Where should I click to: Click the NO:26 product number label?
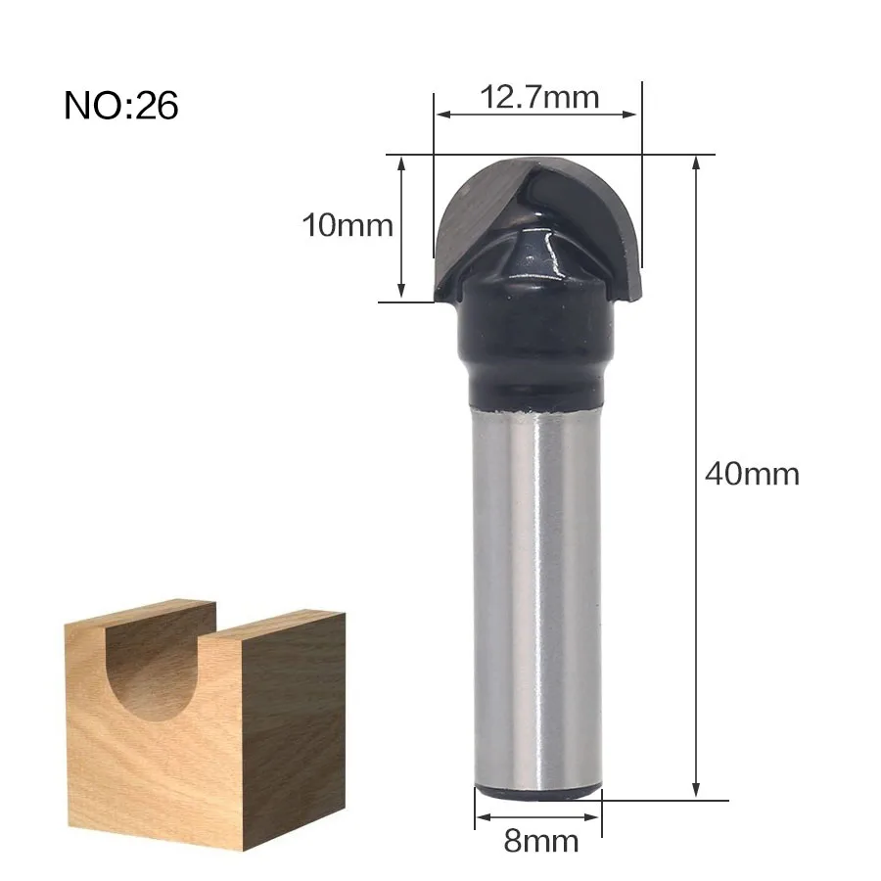(120, 105)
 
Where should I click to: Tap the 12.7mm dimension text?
(539, 97)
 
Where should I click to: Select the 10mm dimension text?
(348, 225)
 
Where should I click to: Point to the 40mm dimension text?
(752, 473)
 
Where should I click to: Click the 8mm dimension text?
(541, 841)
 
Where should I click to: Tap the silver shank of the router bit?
(537, 595)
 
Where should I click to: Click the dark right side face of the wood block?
(292, 724)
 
